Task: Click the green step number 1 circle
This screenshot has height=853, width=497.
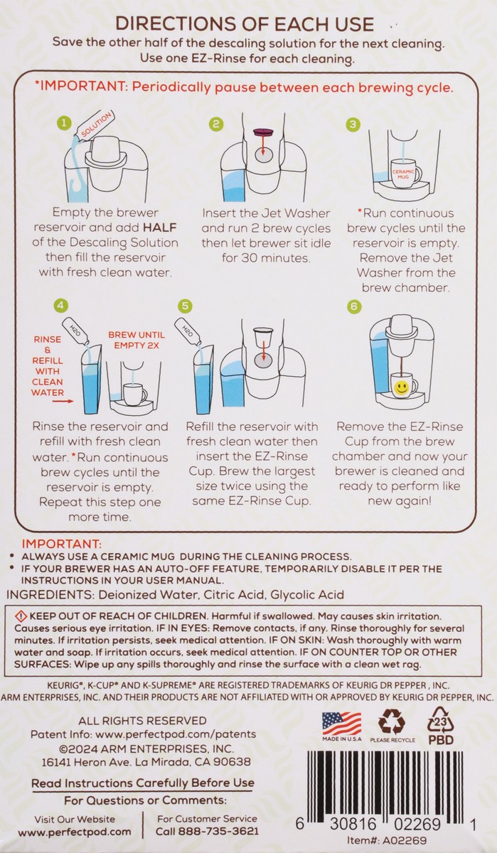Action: pos(64,123)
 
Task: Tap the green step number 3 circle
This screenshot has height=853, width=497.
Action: pos(353,124)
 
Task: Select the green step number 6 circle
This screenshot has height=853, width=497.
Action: pos(354,306)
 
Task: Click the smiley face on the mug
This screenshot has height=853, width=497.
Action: pos(401,388)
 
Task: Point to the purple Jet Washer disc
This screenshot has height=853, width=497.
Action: pos(263,132)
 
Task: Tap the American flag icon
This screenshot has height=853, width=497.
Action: pos(341,724)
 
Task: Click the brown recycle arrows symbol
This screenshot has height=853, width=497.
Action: pos(392,721)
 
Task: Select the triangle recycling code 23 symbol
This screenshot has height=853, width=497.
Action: pos(441,719)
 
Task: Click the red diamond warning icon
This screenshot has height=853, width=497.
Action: pos(21,616)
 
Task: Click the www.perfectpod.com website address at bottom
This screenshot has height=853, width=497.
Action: pos(75,832)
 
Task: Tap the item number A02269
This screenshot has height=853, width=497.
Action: pos(405,840)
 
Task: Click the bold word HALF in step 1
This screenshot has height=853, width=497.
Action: pos(160,227)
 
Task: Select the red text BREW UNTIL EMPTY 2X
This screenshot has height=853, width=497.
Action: pos(137,340)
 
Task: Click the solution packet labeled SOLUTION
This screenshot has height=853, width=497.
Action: pos(96,125)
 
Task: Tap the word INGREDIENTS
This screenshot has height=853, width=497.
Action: pos(50,594)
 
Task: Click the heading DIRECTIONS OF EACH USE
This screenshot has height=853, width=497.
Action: pos(245,24)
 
